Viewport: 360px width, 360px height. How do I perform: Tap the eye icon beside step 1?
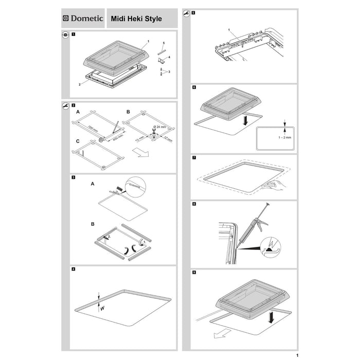click(x=65, y=35)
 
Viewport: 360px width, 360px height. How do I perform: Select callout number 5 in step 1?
click(x=164, y=43)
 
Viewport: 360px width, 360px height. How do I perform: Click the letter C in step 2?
click(x=78, y=142)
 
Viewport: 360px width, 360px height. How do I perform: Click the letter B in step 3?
click(x=93, y=224)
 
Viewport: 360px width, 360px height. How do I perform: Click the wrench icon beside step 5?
click(x=185, y=13)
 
